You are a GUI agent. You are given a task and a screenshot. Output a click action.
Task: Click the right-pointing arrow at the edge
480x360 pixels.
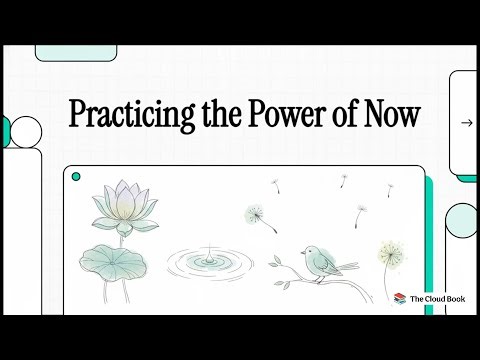coord(466,123)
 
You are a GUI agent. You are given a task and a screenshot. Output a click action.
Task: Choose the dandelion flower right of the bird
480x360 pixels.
coord(391,251)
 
